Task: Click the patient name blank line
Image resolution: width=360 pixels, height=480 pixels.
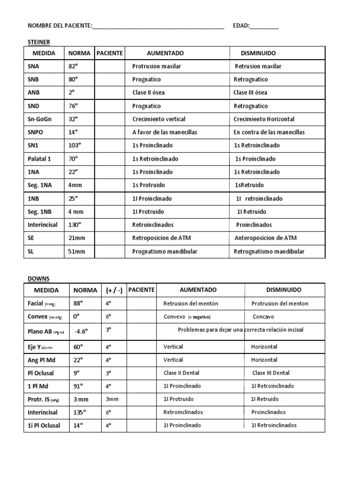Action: (x=158, y=27)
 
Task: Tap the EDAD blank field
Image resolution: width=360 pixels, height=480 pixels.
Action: (x=264, y=27)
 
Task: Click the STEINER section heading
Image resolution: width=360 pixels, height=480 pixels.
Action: (x=39, y=42)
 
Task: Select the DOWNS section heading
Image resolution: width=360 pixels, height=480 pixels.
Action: (x=38, y=278)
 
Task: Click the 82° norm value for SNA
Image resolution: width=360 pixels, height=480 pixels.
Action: (x=74, y=67)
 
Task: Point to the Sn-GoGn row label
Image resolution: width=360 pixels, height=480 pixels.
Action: (x=41, y=120)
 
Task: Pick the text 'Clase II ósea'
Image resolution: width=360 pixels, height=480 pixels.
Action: (x=149, y=93)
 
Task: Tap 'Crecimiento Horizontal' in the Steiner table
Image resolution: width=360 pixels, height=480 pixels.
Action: (x=264, y=120)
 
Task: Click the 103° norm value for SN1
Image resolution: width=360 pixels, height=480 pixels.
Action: (x=75, y=146)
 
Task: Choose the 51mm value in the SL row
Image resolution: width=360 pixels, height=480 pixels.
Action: (x=77, y=252)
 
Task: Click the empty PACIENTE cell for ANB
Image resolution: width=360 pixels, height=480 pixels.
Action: (x=109, y=93)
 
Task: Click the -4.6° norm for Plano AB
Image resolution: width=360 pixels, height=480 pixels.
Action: (x=81, y=331)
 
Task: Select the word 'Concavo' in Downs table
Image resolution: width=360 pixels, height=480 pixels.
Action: (x=263, y=317)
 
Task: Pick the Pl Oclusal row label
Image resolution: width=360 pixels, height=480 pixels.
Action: (x=42, y=373)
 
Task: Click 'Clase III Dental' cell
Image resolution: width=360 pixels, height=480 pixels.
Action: (x=271, y=373)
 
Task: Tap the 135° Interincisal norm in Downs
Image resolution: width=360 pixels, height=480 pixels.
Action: (x=80, y=412)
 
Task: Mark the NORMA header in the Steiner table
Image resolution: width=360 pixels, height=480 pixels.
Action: (x=79, y=53)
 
